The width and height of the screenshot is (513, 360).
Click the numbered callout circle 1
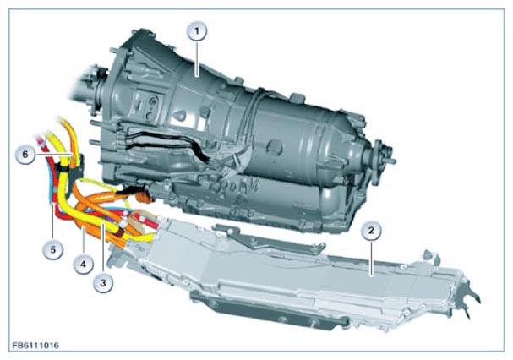[197, 31]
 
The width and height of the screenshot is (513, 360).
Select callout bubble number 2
[371, 231]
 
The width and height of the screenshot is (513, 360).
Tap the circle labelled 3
[103, 282]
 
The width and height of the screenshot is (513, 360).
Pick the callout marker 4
[83, 264]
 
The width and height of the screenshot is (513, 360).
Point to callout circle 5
[52, 249]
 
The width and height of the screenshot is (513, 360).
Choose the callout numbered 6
[25, 154]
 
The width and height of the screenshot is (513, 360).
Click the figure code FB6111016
[35, 346]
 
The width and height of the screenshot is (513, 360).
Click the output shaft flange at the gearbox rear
[383, 156]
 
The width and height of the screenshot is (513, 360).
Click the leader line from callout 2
[371, 259]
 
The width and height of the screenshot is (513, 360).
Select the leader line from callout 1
[197, 59]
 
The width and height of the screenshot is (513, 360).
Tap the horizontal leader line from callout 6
[54, 154]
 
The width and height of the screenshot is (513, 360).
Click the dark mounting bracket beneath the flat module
[268, 311]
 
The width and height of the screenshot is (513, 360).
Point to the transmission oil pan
[262, 210]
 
